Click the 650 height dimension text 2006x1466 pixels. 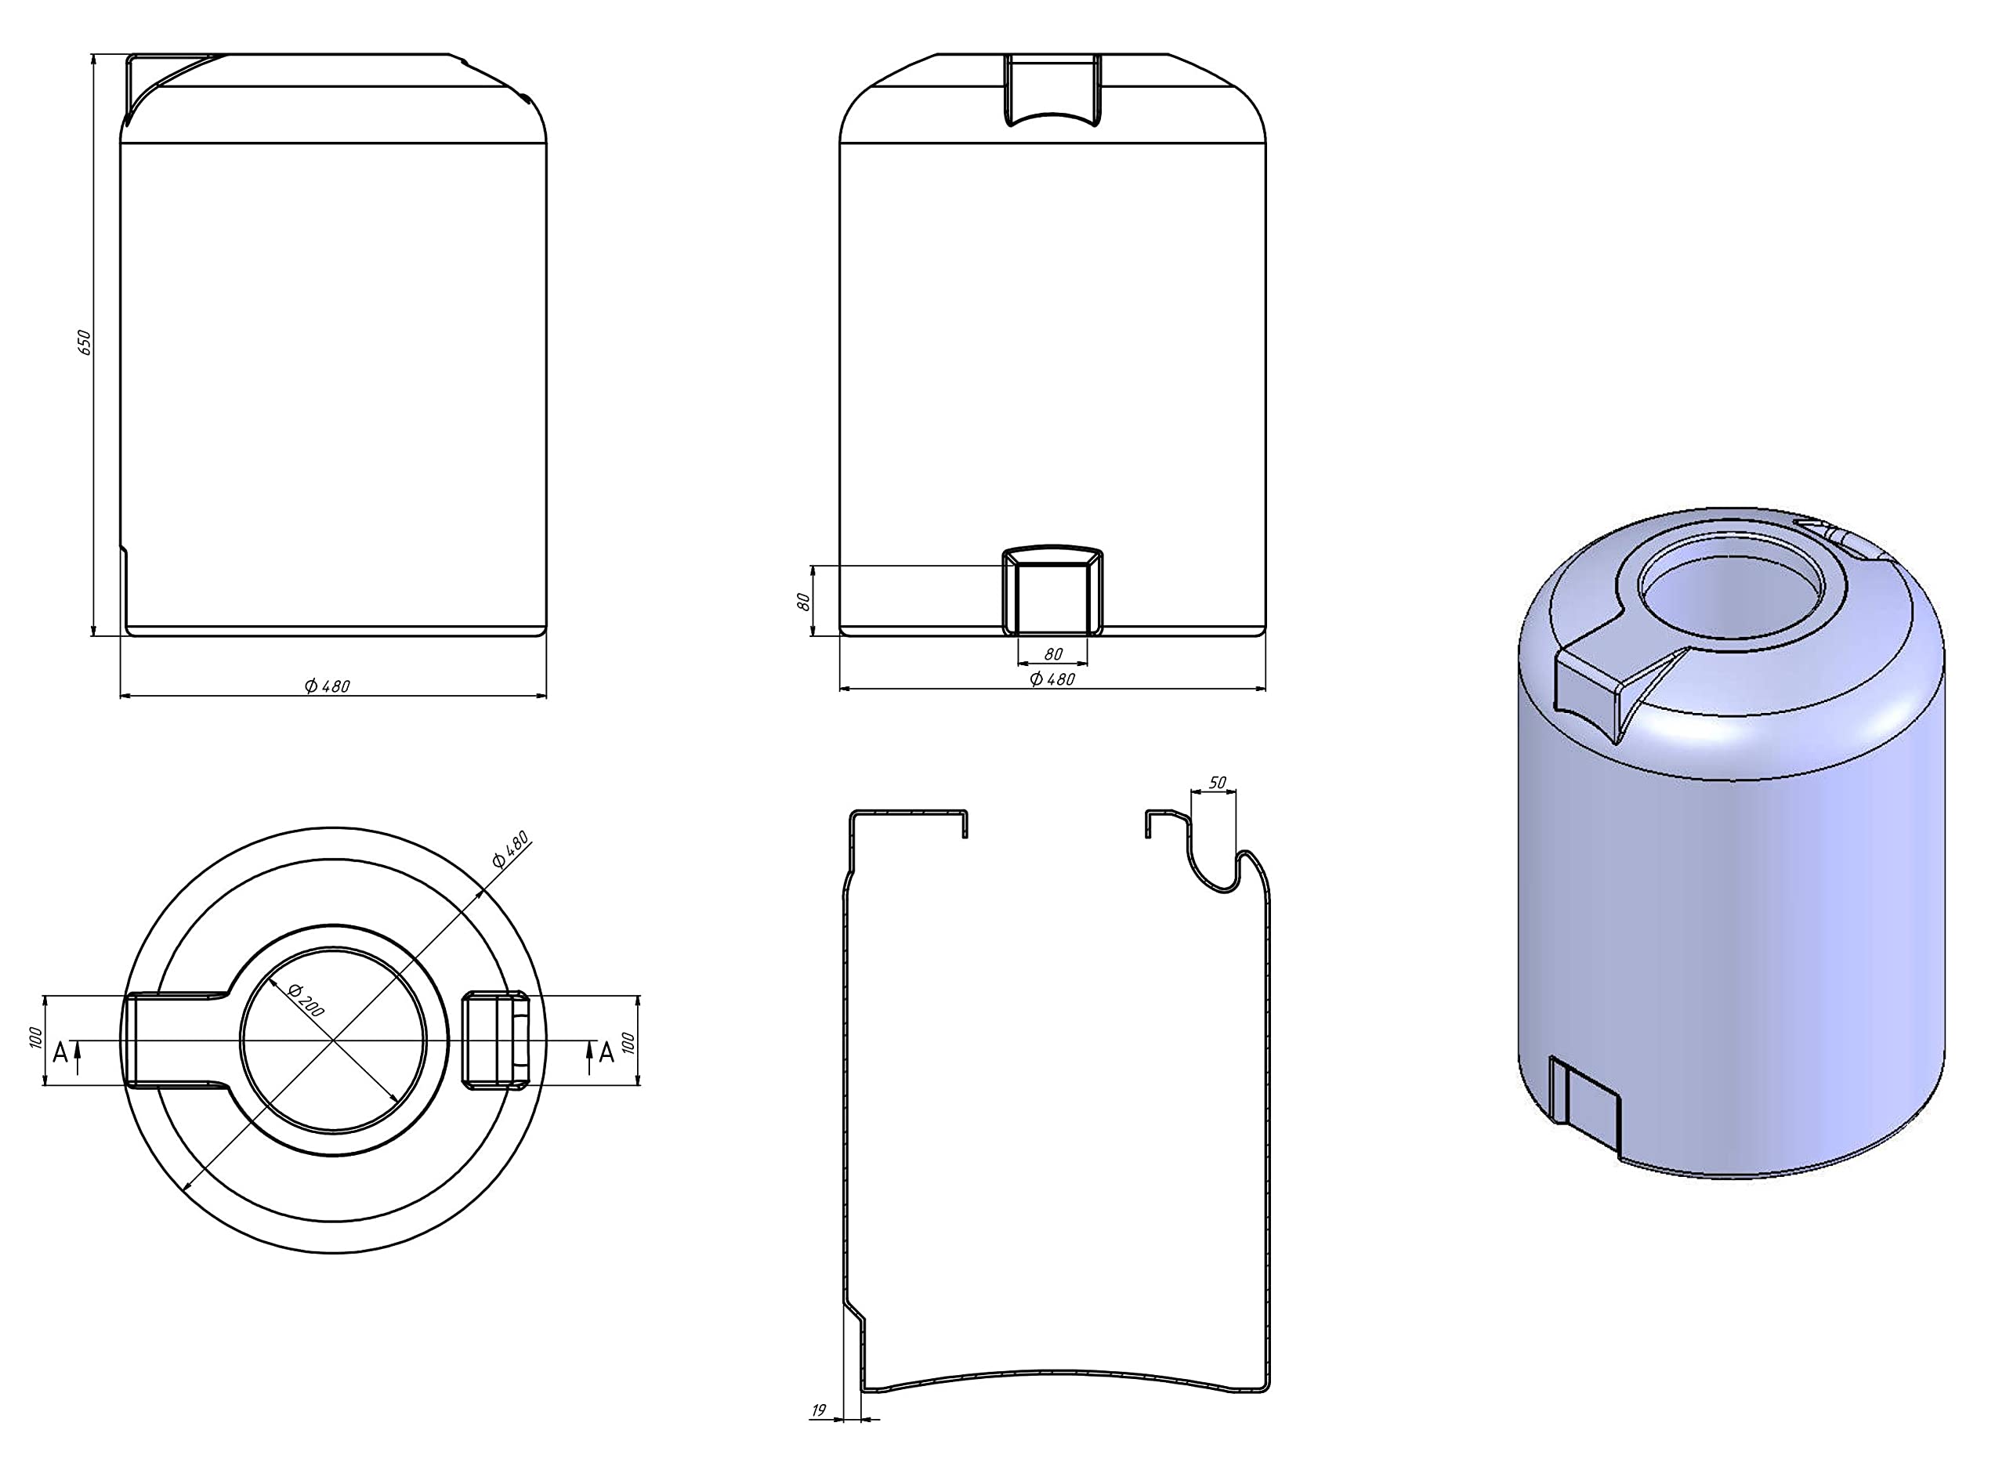tap(85, 342)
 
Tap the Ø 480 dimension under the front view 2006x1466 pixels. tap(1052, 679)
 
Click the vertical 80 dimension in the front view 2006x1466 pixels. tap(804, 601)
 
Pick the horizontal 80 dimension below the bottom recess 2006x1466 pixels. tap(1053, 654)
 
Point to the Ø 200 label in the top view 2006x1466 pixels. tap(306, 1000)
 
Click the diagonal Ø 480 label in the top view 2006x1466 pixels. tap(510, 849)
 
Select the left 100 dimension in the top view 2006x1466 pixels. tap(35, 1038)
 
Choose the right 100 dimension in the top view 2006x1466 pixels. tap(628, 1043)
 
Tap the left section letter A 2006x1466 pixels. tap(60, 1052)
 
